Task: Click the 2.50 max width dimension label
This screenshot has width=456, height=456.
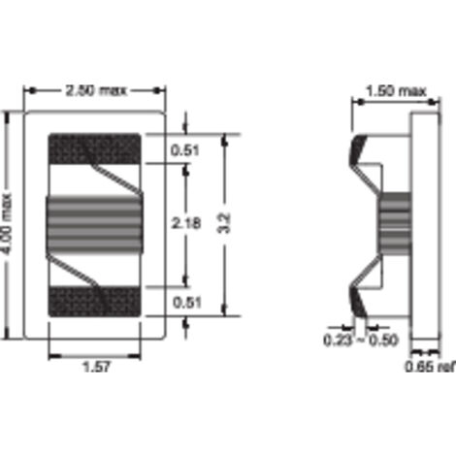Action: (x=96, y=90)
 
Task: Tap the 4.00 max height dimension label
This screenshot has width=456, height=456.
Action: (x=7, y=223)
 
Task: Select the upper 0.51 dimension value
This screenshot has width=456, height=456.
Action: (x=184, y=150)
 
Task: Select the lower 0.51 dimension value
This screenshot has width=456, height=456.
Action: (x=186, y=303)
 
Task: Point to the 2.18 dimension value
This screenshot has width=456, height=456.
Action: (x=186, y=223)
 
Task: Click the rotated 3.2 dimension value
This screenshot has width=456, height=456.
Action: (x=224, y=223)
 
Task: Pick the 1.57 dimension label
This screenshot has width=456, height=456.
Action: (x=96, y=367)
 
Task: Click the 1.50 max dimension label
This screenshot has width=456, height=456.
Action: (x=396, y=91)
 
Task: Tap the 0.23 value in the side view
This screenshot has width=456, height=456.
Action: (x=338, y=341)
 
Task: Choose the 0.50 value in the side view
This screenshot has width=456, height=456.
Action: (x=383, y=341)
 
